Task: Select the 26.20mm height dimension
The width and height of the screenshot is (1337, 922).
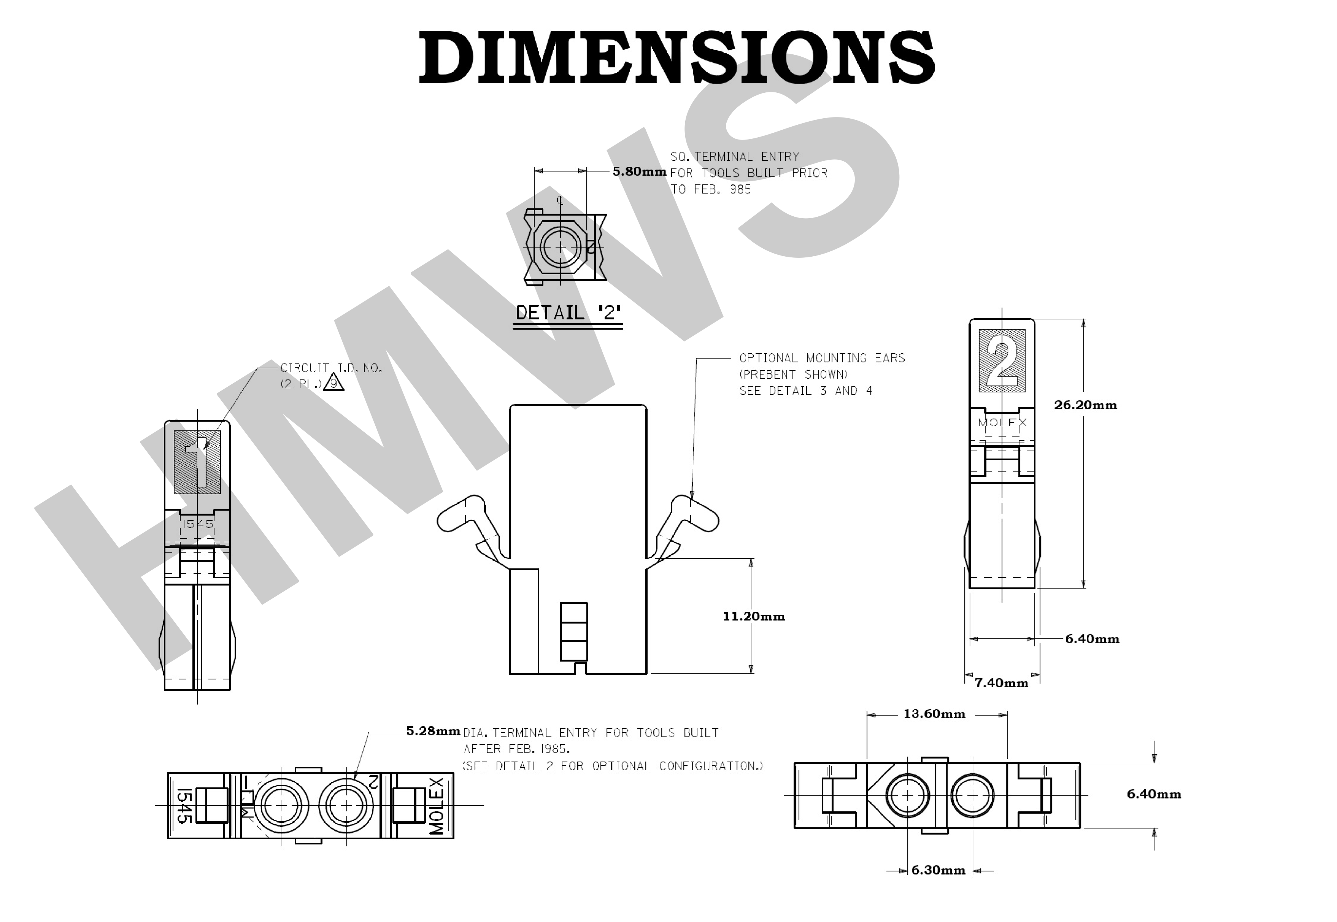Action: pyautogui.click(x=1085, y=405)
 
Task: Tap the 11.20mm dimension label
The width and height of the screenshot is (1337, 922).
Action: pyautogui.click(x=753, y=616)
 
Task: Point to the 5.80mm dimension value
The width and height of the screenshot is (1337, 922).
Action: pyautogui.click(x=639, y=171)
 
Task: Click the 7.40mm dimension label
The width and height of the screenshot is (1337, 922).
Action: pyautogui.click(x=1001, y=683)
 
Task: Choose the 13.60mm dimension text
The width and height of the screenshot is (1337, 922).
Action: pyautogui.click(x=934, y=714)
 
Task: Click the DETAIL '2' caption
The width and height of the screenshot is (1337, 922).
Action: pyautogui.click(x=568, y=313)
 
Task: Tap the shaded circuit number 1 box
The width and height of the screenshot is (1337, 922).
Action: pyautogui.click(x=197, y=462)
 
